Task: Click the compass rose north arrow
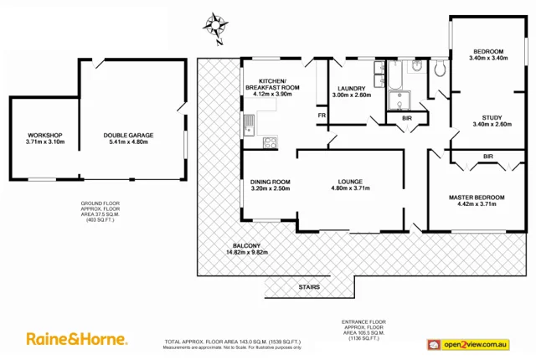point(217,26)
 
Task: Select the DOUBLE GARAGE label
point(128,136)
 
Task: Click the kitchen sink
point(249,126)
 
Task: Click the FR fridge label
point(321,114)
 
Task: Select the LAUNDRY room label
point(352,89)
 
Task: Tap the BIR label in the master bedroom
point(487,156)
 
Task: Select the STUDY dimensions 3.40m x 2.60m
point(492,125)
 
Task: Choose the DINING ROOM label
point(270,182)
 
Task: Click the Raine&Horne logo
point(77,339)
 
